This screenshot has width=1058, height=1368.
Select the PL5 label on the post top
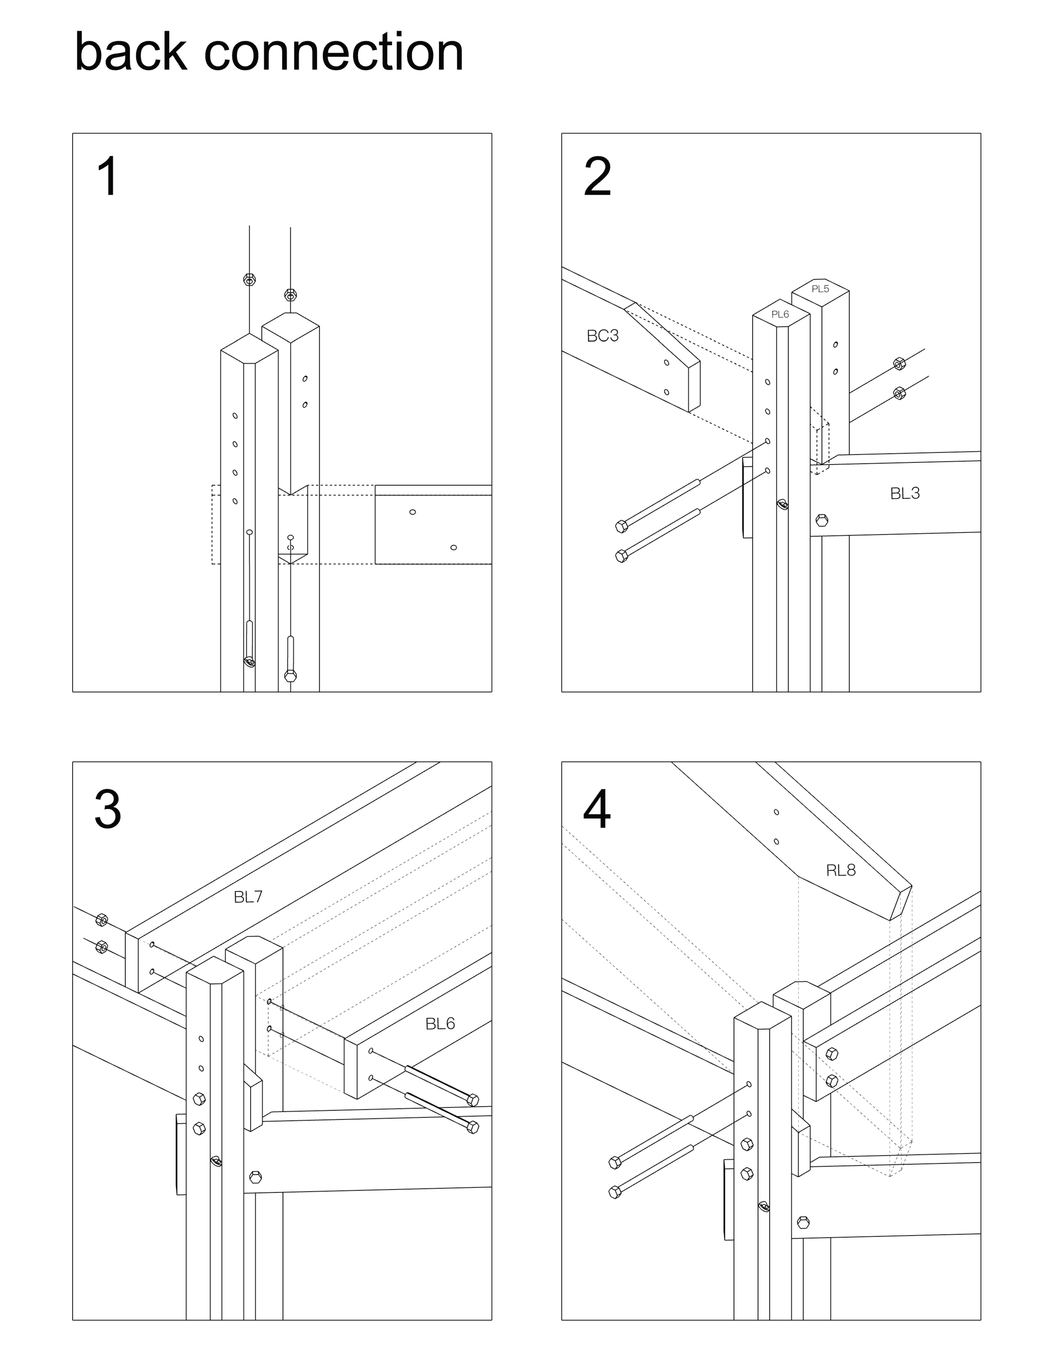[x=821, y=289]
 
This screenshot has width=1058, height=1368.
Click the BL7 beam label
[x=248, y=897]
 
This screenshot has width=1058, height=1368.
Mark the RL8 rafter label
[x=841, y=870]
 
